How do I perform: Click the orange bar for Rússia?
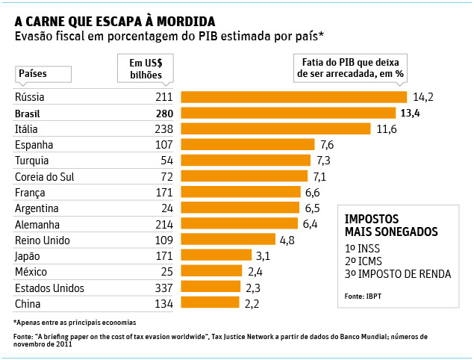[x=294, y=97]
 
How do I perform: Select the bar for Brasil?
[x=288, y=113]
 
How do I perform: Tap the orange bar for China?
[x=210, y=302]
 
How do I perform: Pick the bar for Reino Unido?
[x=228, y=239]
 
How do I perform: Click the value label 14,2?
[x=423, y=97]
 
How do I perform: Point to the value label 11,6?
[x=387, y=129]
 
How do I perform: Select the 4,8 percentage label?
[x=287, y=240]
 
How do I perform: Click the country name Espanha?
[x=34, y=145]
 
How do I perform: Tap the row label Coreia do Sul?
[x=45, y=177]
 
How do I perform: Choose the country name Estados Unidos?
[x=49, y=288]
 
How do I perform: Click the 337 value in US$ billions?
[x=163, y=288]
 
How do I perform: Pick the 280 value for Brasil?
[x=164, y=114]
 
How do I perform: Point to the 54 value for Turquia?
[x=167, y=161]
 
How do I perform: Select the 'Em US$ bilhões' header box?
[x=146, y=69]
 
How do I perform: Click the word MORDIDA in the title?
[x=186, y=22]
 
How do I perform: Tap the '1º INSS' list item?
[x=362, y=249]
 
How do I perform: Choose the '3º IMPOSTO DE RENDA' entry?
[x=398, y=274]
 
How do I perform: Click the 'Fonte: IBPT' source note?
[x=363, y=297]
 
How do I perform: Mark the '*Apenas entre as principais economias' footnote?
[x=75, y=323]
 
